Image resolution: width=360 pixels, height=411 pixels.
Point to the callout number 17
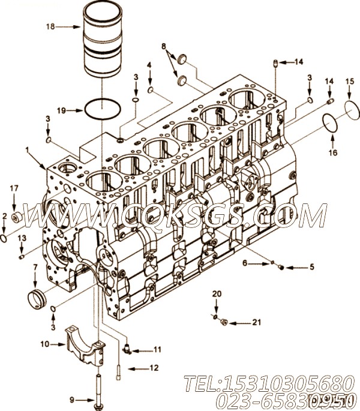(14, 189)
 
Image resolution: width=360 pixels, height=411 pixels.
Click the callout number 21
(256, 322)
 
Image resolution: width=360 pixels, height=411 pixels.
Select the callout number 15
(349, 80)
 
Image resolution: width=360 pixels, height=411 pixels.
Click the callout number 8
(163, 46)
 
